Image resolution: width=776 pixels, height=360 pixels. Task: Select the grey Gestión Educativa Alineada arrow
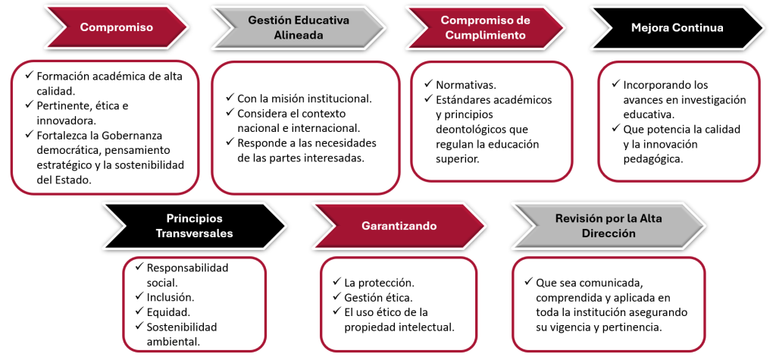click(x=299, y=28)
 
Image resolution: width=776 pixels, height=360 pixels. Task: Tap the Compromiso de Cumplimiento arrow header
click(x=485, y=28)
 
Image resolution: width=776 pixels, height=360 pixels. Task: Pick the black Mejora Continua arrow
click(x=677, y=28)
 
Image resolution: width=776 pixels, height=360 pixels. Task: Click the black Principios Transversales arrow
click(x=194, y=226)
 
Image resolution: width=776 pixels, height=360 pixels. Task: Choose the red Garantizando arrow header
click(x=399, y=226)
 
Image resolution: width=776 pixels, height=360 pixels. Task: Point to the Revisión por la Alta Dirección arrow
click(x=609, y=226)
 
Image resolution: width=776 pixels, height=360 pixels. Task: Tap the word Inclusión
click(x=171, y=297)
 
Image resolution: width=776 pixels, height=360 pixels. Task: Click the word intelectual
click(x=430, y=327)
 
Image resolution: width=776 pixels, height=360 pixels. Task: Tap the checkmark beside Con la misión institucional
click(x=230, y=98)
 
